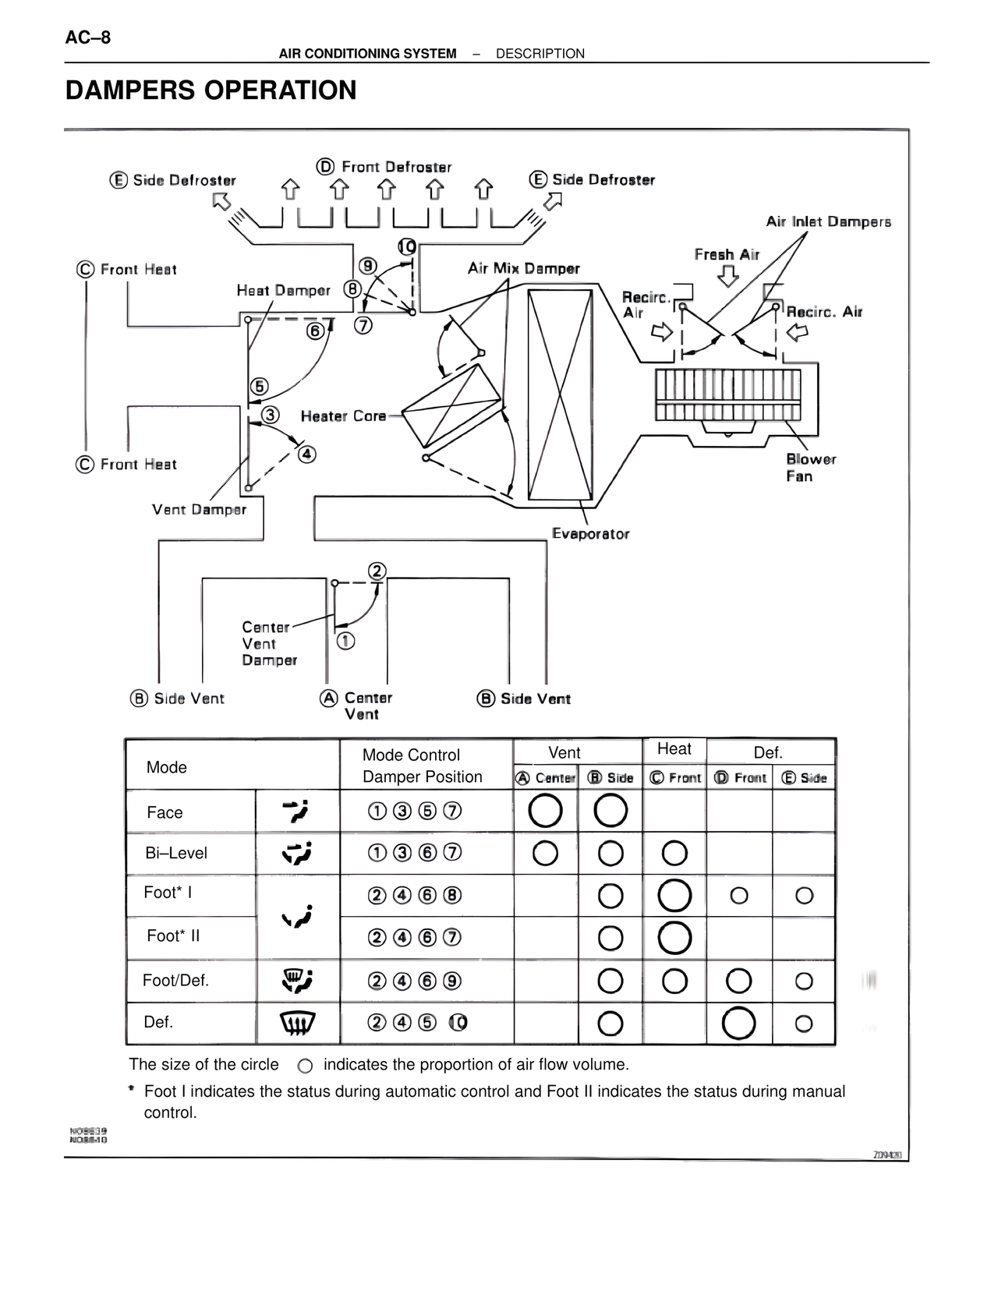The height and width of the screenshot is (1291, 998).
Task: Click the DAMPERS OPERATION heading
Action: point(211,90)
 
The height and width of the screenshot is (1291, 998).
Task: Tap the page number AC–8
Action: point(88,37)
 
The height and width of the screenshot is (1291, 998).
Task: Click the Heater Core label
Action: point(343,416)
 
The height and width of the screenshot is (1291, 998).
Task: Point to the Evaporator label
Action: point(590,534)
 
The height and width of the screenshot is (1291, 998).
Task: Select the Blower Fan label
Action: point(810,468)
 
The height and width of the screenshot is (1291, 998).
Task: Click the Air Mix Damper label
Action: point(523,269)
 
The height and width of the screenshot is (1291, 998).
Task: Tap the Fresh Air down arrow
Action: point(727,276)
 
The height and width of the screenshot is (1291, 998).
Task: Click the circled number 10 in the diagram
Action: point(407,247)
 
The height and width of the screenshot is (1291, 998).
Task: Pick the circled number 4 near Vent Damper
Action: point(307,454)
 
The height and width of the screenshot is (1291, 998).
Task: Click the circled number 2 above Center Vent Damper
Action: point(377,571)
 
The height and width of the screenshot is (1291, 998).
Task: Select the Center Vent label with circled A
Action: point(359,706)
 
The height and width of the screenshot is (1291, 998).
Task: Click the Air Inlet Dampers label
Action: point(828,222)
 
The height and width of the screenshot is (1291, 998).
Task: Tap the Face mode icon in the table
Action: point(297,812)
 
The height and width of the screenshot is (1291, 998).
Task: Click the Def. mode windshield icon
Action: point(297,1022)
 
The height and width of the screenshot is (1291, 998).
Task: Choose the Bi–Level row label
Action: point(176,853)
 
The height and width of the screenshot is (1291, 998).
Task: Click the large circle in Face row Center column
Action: point(545,811)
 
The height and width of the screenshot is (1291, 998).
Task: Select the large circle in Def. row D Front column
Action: point(738,1023)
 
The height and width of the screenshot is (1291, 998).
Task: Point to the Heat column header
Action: point(674,749)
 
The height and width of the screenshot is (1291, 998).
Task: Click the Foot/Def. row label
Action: point(175,981)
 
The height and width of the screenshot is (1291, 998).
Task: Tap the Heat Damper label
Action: point(283,291)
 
